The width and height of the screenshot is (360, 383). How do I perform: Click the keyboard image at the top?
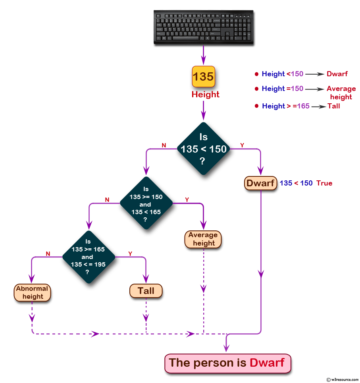tap(203, 27)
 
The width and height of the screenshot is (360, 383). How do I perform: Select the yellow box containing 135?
tap(203, 76)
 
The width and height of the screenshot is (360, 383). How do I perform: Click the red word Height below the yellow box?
tap(205, 95)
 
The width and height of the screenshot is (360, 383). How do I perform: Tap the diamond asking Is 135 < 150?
tap(203, 149)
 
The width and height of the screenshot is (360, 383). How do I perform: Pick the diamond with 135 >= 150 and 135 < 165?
tap(146, 203)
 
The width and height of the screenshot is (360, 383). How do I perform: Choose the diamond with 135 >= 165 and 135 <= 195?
tap(88, 257)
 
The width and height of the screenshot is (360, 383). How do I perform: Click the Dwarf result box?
tap(260, 183)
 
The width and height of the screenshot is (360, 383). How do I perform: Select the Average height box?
tap(203, 239)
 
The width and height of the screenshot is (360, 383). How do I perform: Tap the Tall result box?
tap(146, 291)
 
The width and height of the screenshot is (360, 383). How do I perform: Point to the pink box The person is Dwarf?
tap(227, 363)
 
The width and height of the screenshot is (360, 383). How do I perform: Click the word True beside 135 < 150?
tap(324, 183)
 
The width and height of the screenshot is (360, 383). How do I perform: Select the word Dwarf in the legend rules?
tap(337, 74)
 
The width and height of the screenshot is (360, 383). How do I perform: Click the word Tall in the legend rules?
tap(333, 106)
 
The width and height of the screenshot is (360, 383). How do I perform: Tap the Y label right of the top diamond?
tap(242, 145)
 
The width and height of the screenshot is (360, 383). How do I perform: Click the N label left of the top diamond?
tap(164, 145)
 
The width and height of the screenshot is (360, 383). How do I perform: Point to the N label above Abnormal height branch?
tap(48, 253)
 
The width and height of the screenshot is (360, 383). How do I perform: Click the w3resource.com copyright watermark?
tap(342, 379)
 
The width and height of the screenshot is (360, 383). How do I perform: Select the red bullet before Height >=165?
tap(256, 106)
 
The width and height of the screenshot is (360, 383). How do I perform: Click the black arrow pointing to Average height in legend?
tap(315, 89)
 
